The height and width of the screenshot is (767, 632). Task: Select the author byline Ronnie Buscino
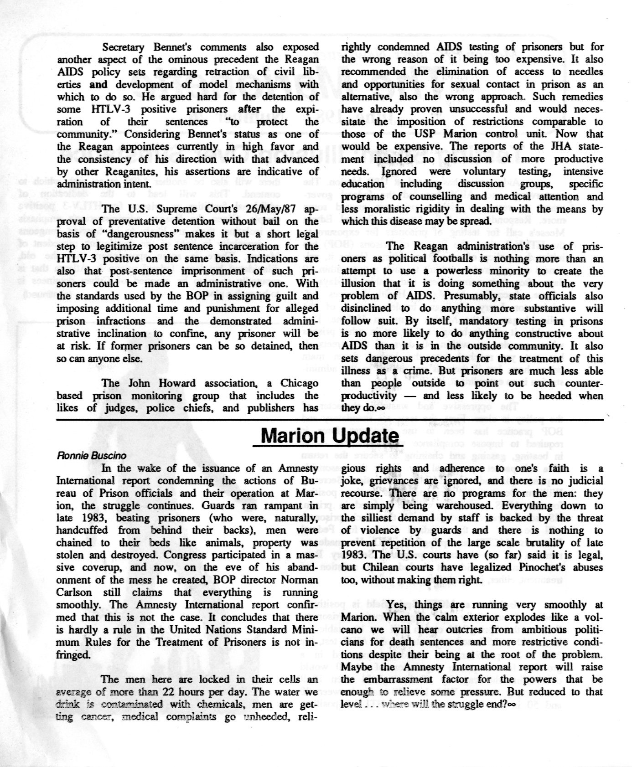click(x=92, y=455)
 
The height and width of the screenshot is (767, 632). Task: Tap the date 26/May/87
click(x=270, y=209)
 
